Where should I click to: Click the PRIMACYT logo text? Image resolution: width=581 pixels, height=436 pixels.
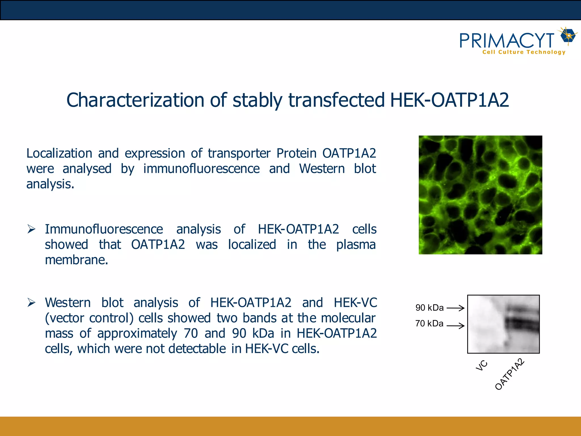[507, 41]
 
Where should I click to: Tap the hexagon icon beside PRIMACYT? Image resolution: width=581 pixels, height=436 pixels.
[568, 36]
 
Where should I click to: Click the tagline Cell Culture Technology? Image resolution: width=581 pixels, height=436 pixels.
[524, 52]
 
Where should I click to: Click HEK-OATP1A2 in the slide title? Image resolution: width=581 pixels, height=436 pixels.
[449, 100]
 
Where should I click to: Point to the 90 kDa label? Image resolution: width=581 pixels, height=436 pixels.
[429, 308]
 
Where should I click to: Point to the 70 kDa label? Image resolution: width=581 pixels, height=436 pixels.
[429, 324]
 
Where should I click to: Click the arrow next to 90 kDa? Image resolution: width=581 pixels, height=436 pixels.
[456, 308]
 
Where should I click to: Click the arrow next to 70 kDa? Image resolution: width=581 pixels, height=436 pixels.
[456, 326]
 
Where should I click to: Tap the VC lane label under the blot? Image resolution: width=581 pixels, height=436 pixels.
[481, 366]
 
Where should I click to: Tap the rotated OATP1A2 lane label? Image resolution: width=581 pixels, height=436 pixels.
[510, 374]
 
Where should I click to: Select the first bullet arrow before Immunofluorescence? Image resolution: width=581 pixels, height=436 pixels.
[31, 229]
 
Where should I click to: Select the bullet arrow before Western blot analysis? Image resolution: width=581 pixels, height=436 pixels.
[31, 303]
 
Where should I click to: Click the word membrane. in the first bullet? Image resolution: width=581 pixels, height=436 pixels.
[76, 260]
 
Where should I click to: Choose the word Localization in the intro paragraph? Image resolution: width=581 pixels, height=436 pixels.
[59, 154]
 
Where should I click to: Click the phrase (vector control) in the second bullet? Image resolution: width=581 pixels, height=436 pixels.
[89, 318]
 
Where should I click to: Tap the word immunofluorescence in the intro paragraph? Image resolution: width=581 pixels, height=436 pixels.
[201, 169]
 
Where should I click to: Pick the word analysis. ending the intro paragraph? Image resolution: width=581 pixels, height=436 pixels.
[50, 184]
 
